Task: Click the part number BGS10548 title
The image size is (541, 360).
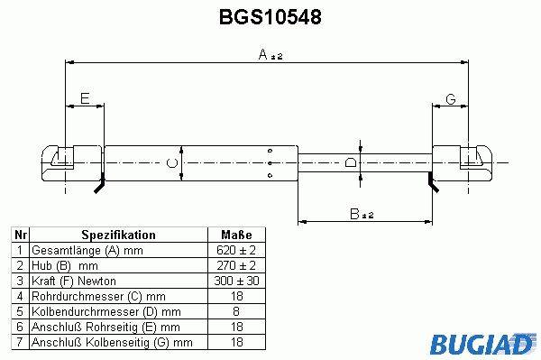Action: (270, 16)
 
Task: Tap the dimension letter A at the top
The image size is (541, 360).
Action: (263, 54)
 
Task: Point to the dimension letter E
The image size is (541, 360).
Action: (85, 98)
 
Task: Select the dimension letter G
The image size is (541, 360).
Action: (451, 99)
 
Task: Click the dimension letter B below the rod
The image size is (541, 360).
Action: (354, 214)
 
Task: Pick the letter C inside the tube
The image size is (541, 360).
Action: (172, 163)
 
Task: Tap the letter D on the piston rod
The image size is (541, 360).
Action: (351, 162)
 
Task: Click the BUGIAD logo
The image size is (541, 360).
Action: (482, 344)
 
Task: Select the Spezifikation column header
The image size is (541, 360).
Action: (118, 235)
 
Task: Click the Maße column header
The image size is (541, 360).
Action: (236, 235)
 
